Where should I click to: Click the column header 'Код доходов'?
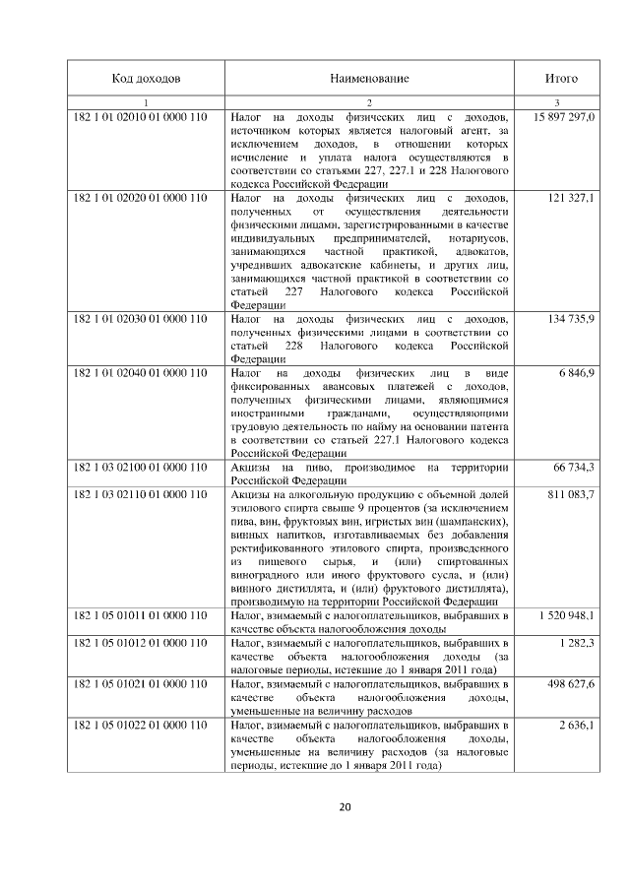146,78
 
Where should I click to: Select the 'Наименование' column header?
369,78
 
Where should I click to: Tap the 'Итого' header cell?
561,78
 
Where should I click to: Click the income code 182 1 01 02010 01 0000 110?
140,117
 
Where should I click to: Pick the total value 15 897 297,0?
564,117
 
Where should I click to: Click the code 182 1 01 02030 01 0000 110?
140,319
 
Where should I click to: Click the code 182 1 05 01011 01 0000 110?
140,614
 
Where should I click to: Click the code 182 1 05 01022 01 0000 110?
140,724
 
